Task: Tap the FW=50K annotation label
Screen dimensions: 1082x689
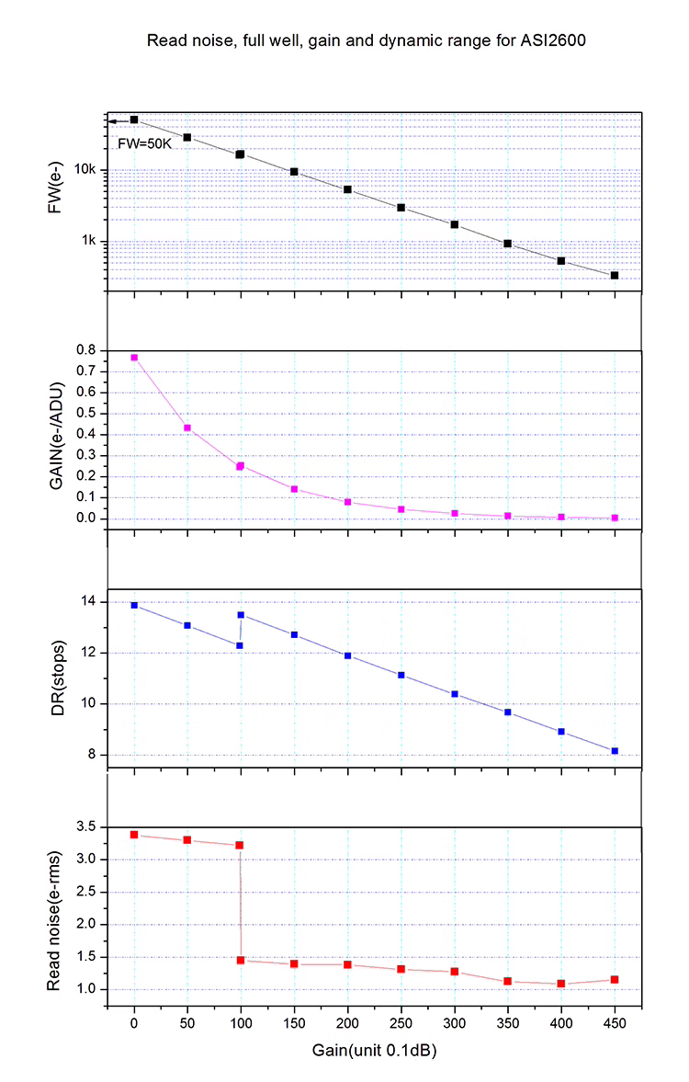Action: (140, 143)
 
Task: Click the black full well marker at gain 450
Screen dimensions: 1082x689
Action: (615, 275)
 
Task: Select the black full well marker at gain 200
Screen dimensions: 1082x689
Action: (348, 189)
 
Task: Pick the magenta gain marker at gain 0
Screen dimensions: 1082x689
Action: (134, 358)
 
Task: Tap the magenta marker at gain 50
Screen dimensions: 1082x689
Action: (187, 427)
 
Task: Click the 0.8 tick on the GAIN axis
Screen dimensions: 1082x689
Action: (86, 350)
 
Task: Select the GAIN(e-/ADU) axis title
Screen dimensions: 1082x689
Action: (55, 435)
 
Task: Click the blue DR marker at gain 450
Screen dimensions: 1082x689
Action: (615, 751)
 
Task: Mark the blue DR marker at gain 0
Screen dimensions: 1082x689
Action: (134, 605)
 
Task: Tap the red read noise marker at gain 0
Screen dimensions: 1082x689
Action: (134, 835)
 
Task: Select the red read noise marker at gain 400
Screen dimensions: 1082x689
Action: (561, 984)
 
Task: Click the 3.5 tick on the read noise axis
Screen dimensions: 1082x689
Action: (86, 827)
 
